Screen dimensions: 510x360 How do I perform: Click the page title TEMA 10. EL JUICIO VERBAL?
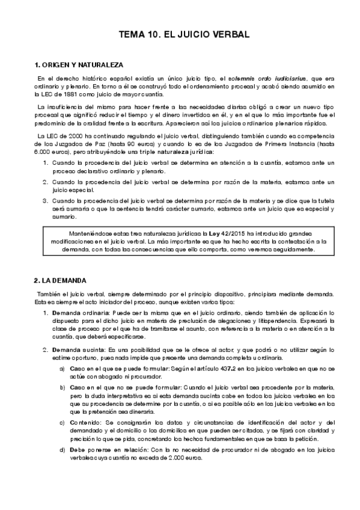[180, 35]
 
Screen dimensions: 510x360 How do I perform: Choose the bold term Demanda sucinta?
[75, 349]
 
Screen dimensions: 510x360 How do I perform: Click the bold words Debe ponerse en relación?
[106, 450]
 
